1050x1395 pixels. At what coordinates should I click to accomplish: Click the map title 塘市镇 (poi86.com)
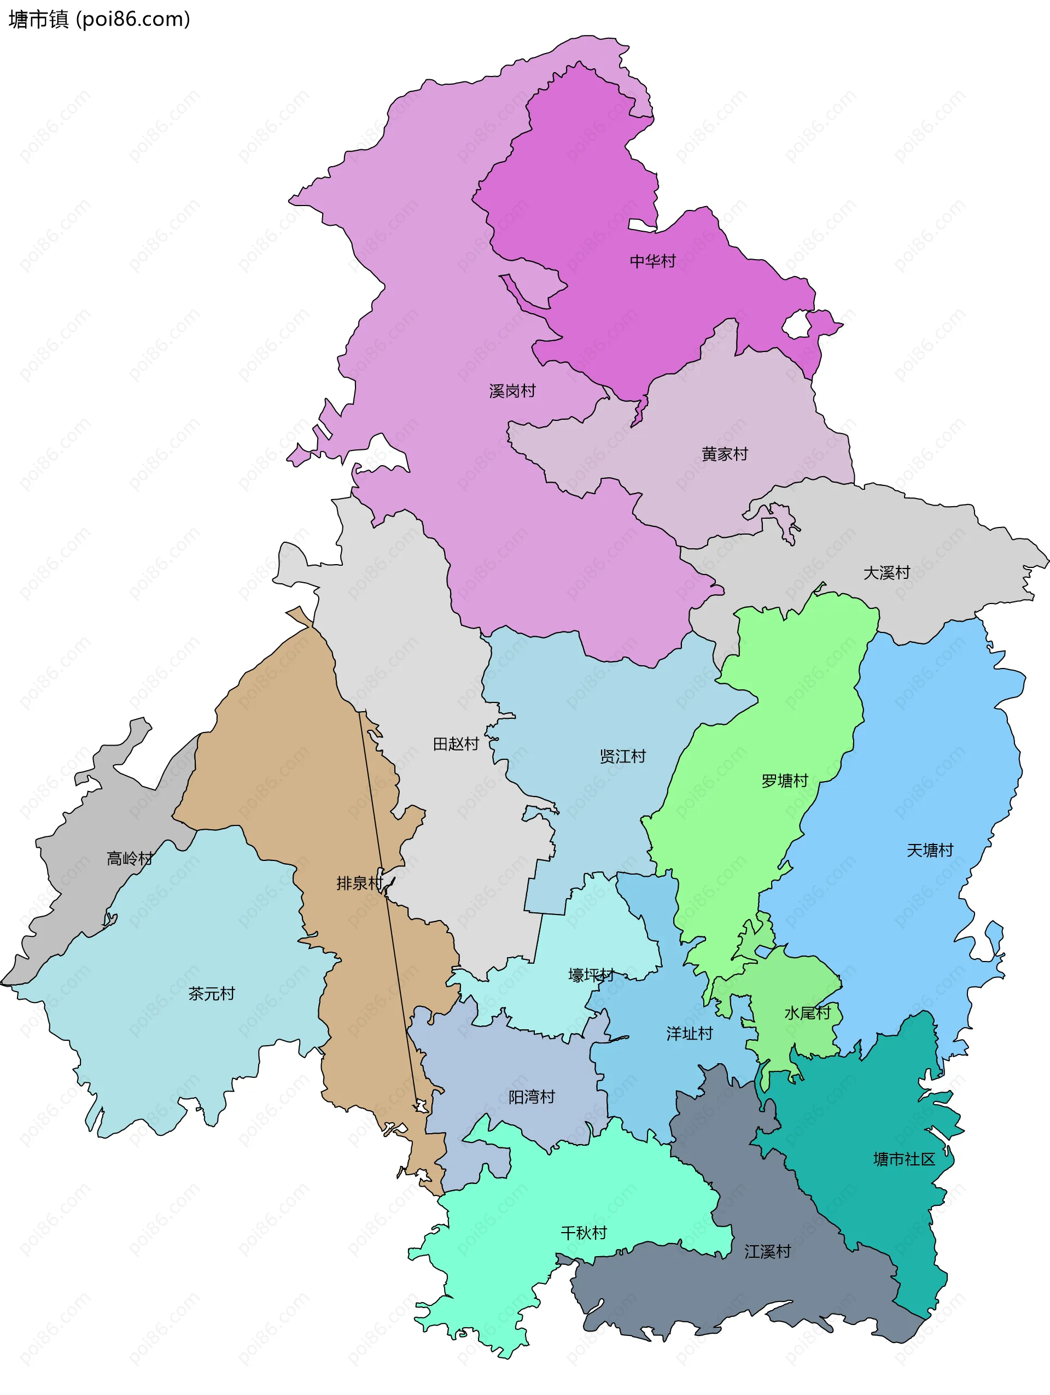(99, 20)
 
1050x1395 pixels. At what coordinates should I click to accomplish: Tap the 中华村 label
(652, 261)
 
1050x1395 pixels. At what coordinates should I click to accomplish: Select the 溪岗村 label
(512, 391)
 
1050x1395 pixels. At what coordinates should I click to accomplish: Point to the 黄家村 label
(725, 454)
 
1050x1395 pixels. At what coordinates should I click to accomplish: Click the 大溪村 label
(886, 573)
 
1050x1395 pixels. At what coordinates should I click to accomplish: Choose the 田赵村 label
(456, 744)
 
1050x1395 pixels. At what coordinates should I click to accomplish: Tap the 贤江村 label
(622, 756)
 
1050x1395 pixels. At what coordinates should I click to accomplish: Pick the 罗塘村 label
(784, 781)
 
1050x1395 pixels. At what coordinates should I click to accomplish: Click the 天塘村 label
(930, 850)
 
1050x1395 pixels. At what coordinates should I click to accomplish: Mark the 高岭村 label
(130, 858)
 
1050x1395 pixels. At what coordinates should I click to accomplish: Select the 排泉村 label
(359, 883)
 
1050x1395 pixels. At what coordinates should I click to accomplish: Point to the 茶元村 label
(212, 994)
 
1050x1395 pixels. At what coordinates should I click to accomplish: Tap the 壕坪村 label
(591, 976)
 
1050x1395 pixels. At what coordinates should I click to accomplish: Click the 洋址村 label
(689, 1034)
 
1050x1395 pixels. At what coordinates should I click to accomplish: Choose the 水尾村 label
(807, 1013)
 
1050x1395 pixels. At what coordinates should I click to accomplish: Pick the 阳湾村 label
(532, 1097)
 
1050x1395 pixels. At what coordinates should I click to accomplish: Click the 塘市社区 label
(903, 1159)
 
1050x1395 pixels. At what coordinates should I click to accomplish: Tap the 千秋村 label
(583, 1233)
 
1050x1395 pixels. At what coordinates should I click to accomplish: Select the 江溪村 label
(767, 1252)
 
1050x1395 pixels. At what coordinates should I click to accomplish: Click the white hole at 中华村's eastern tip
(796, 325)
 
